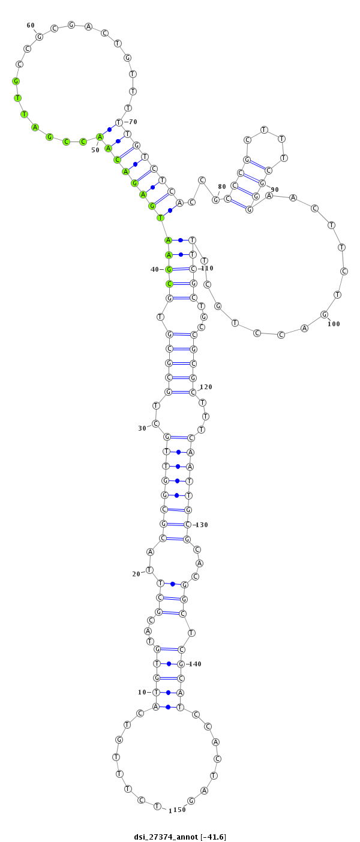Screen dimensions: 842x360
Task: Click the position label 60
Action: [x=31, y=25]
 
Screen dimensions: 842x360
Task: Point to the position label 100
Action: [x=334, y=324]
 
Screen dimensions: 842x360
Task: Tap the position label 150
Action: [x=180, y=810]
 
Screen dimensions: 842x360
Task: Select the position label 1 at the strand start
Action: [x=170, y=810]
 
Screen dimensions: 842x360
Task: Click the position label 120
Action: [x=206, y=387]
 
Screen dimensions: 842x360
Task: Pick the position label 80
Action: [x=222, y=187]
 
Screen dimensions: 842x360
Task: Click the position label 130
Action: [x=202, y=525]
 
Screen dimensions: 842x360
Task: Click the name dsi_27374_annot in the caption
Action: [x=166, y=837]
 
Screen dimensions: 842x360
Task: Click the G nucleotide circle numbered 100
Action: [x=324, y=314]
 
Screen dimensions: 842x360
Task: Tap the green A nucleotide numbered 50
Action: [x=100, y=137]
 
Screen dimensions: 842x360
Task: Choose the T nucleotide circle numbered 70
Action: [x=119, y=122]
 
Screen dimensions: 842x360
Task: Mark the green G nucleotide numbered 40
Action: [x=169, y=269]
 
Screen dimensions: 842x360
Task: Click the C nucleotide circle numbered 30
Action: [x=155, y=423]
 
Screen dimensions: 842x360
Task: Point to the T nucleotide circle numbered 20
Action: [x=149, y=570]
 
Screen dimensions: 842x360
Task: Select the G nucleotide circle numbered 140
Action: [x=181, y=664]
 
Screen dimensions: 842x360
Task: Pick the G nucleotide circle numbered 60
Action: [x=40, y=37]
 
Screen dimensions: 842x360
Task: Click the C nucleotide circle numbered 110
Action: [x=193, y=269]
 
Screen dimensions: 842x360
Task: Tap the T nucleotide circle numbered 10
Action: [x=156, y=692]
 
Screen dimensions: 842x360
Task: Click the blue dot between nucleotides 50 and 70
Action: [x=110, y=130]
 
